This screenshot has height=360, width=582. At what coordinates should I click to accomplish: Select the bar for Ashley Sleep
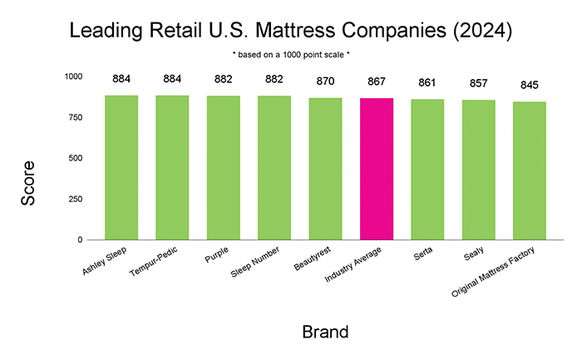point(121,167)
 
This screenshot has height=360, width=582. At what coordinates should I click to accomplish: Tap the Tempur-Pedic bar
point(172,167)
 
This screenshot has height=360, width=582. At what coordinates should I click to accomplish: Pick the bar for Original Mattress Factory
point(529,170)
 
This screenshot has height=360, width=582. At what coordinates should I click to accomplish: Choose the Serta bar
point(427,170)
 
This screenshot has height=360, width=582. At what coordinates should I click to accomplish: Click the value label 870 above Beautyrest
point(325,83)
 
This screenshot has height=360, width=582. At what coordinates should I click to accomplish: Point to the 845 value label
point(529,86)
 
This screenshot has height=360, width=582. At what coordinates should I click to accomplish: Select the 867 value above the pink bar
point(376,83)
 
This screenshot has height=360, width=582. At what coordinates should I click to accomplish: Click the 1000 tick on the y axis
point(74,76)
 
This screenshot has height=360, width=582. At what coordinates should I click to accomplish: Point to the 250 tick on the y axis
point(77,199)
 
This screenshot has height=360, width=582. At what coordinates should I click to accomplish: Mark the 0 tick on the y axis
point(81,239)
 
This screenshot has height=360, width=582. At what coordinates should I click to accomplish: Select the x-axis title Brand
point(324,332)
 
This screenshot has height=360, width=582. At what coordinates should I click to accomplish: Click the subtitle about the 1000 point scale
point(290,54)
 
